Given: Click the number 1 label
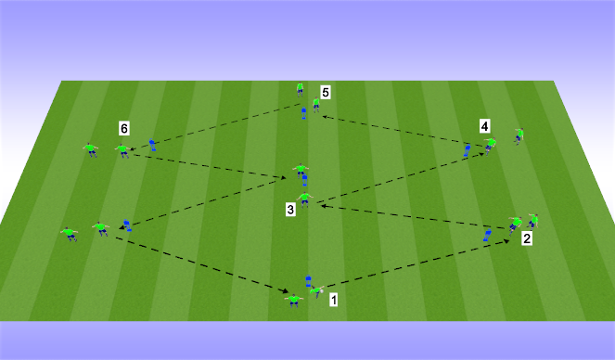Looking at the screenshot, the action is click(334, 301).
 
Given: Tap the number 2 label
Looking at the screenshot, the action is click(527, 239).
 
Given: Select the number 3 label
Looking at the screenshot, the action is click(290, 211).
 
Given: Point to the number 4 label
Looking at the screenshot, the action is click(483, 124).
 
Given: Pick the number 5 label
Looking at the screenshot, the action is click(326, 92).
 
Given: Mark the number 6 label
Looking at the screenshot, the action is click(123, 127).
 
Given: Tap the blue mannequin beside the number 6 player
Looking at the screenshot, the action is click(152, 145).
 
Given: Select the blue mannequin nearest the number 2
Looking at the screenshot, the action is click(487, 237).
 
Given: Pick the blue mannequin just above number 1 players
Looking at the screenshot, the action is click(308, 279).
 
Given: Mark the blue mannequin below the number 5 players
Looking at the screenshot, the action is click(303, 114).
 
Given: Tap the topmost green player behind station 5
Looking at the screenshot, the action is click(300, 88).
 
